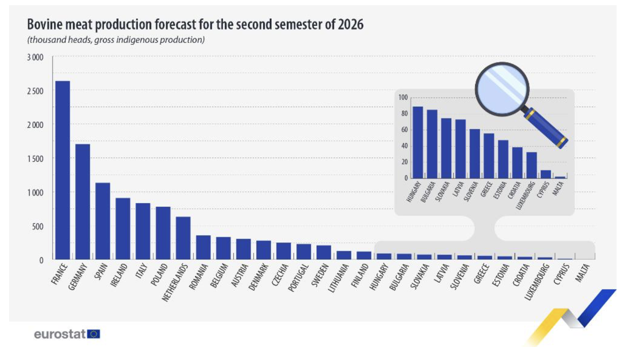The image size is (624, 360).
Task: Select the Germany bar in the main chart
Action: coord(82,202)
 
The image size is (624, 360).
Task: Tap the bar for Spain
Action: coord(103,221)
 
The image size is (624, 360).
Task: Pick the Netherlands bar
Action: coord(183,238)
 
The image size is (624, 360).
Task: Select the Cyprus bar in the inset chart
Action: coord(545,174)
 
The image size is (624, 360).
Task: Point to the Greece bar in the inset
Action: coord(489,156)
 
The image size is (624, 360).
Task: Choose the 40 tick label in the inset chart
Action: coord(404,146)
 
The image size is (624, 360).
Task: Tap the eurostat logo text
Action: coord(60,334)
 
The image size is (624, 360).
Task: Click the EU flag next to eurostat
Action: coord(94,334)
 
